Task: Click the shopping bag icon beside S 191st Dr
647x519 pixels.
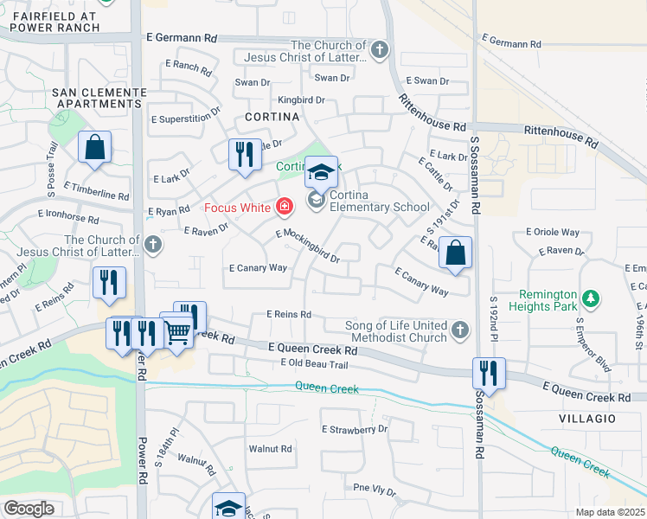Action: pyautogui.click(x=455, y=253)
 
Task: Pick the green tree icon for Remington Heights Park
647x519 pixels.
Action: pyautogui.click(x=591, y=299)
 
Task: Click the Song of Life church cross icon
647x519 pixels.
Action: pyautogui.click(x=460, y=330)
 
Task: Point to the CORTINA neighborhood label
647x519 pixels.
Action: pyautogui.click(x=272, y=116)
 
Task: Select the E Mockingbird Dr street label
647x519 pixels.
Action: pyautogui.click(x=308, y=246)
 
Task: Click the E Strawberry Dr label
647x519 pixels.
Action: pyautogui.click(x=355, y=429)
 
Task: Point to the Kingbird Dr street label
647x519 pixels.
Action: pyautogui.click(x=300, y=100)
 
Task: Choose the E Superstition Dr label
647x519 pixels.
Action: pyautogui.click(x=185, y=119)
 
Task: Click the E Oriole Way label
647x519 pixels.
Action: pyautogui.click(x=553, y=232)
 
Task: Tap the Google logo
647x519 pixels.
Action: pyautogui.click(x=29, y=509)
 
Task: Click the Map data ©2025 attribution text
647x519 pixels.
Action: pyautogui.click(x=611, y=512)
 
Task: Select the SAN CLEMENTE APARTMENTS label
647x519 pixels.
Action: pyautogui.click(x=99, y=97)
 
